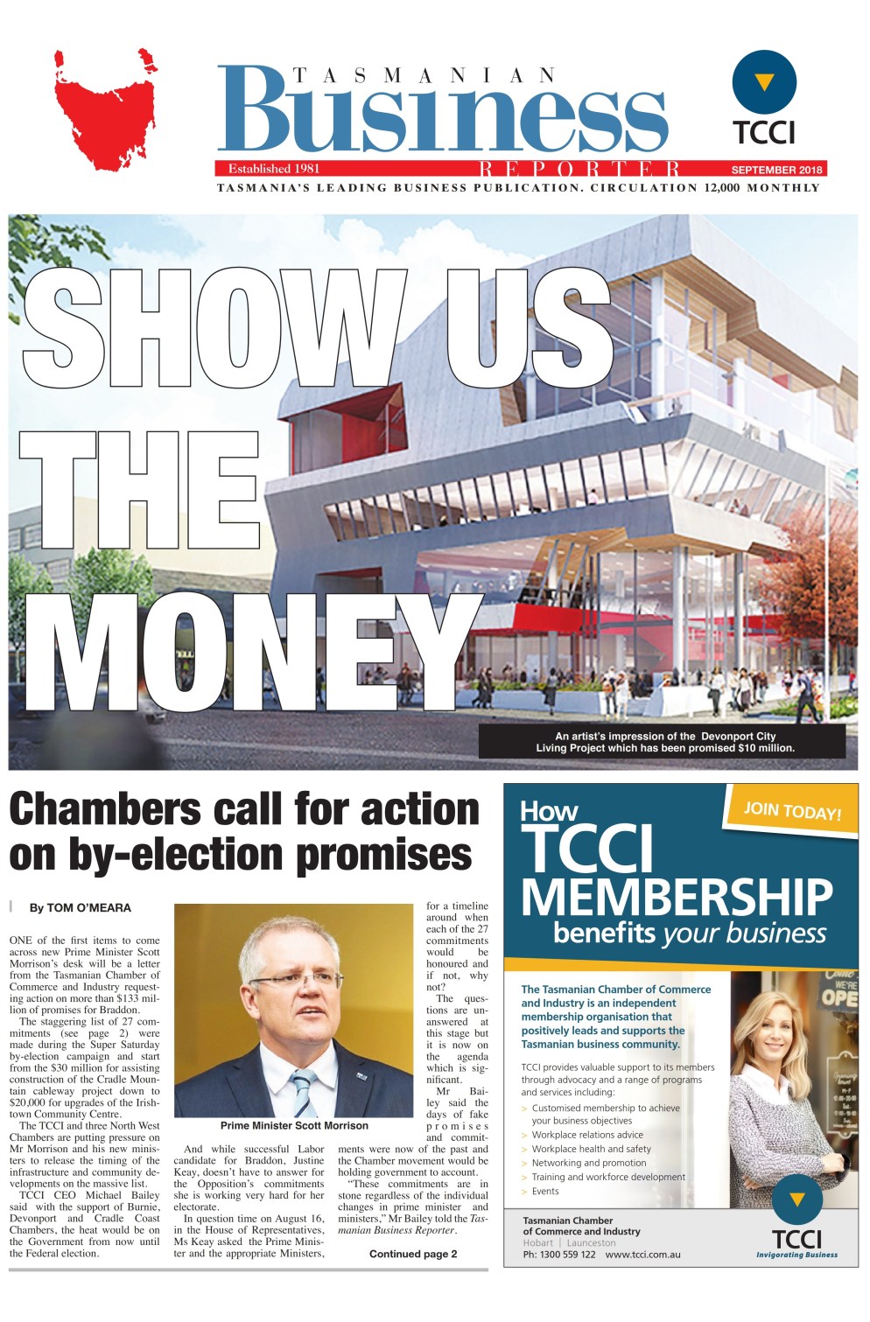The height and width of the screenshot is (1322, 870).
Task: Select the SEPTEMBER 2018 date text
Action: (776, 170)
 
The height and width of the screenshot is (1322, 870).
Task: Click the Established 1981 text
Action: (274, 169)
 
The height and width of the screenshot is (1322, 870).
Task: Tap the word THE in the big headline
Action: (140, 492)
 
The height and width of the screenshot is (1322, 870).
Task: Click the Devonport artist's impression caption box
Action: (663, 742)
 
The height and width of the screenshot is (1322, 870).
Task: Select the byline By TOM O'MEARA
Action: (81, 908)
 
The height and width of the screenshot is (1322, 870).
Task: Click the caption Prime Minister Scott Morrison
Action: (294, 1126)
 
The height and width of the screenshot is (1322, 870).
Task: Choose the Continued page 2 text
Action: (412, 1254)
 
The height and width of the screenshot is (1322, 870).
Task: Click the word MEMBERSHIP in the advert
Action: (677, 897)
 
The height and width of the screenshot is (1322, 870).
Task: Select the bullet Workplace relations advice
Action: (587, 1135)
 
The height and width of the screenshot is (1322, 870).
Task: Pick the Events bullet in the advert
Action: (545, 1191)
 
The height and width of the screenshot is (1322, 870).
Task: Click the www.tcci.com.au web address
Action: (642, 1255)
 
